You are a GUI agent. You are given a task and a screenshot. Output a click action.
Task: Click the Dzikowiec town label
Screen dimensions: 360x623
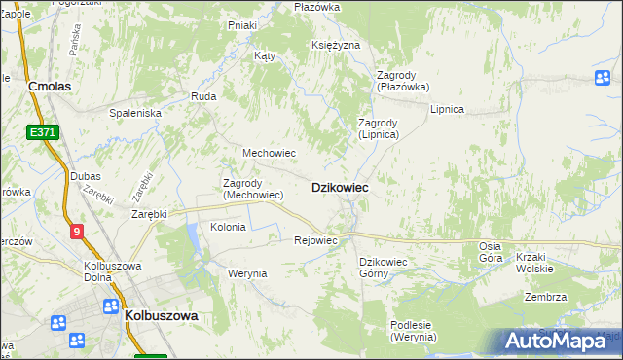pos(339,187)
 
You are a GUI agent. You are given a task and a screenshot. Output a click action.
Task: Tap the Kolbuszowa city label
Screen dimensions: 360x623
pos(162,315)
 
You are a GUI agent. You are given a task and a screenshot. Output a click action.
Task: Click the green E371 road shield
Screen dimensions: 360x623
pos(43,132)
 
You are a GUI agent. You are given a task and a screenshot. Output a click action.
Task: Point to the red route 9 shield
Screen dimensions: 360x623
pos(76,231)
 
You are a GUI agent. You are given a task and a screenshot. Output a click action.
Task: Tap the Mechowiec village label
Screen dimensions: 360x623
pos(269,153)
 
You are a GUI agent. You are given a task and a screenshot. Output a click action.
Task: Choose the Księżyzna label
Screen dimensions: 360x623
pos(337,46)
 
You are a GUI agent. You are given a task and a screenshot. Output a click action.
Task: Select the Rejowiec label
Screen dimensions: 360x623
pos(315,240)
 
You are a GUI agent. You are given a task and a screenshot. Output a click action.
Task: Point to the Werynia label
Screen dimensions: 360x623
pos(247,273)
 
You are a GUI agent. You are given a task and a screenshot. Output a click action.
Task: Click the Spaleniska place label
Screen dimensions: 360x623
pos(135,113)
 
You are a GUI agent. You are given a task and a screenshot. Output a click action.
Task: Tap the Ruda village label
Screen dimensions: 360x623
pos(203,96)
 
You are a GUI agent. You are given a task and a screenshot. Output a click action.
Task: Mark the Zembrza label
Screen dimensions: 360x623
pos(545,297)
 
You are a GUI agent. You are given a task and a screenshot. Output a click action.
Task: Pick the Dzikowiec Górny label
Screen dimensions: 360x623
pos(388,268)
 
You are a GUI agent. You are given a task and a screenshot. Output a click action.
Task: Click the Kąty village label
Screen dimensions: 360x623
pos(265,55)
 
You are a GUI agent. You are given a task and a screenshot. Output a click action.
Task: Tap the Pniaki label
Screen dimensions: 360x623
pos(241,24)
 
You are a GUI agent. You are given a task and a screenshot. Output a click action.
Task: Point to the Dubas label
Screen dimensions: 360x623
pos(86,176)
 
